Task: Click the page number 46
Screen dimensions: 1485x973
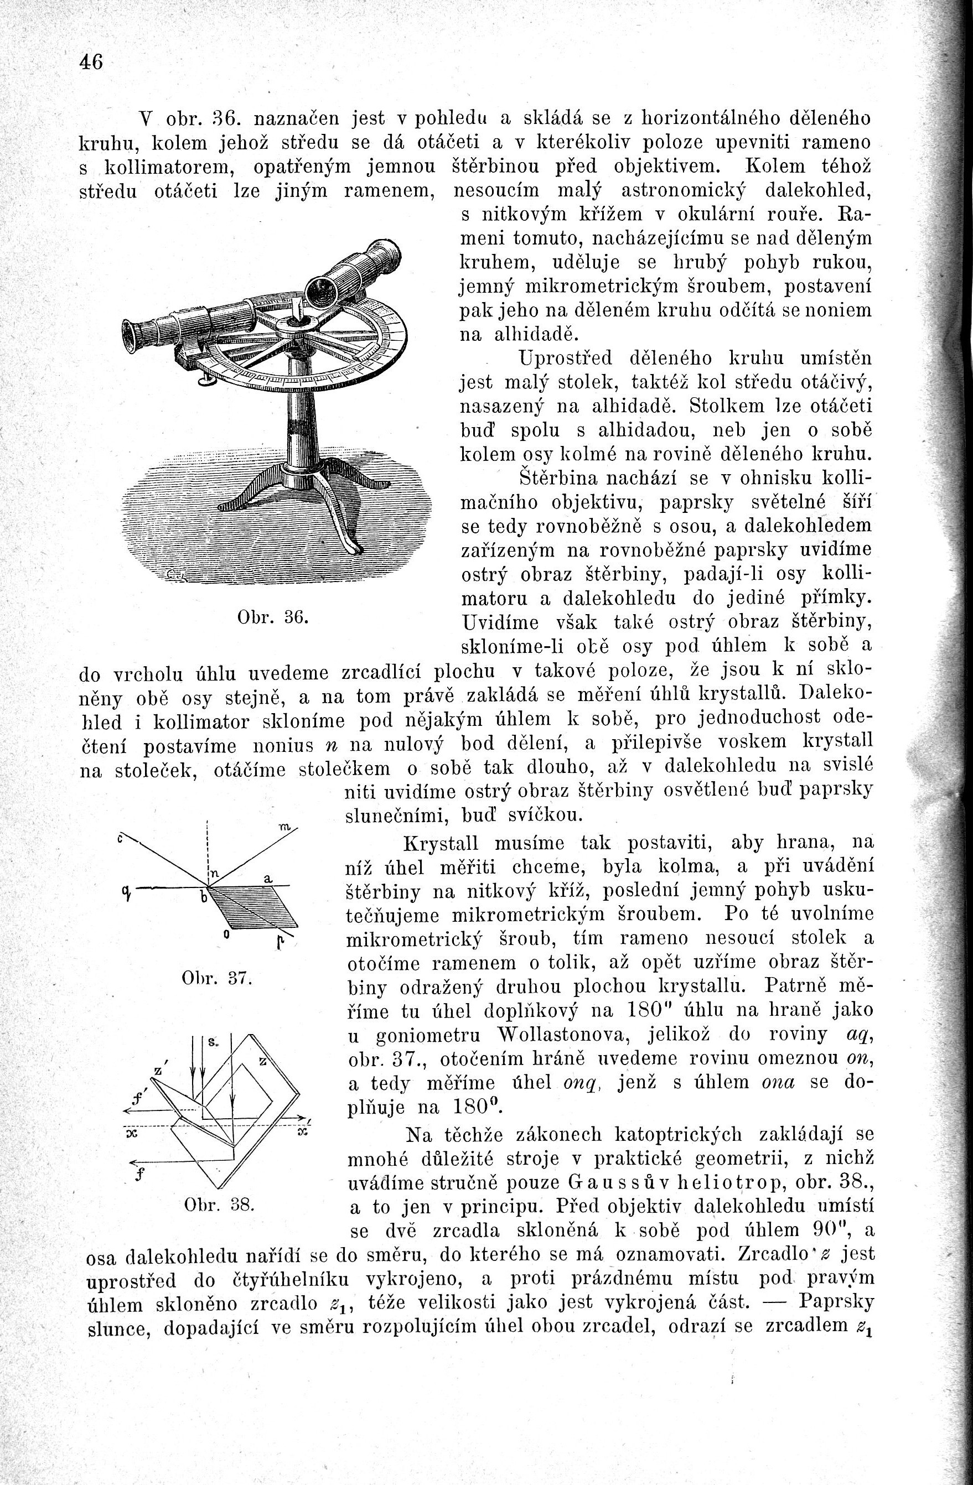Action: pos(91,63)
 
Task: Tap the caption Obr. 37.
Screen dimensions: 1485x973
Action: pos(216,978)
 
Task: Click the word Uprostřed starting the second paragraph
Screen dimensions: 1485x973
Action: pos(565,358)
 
